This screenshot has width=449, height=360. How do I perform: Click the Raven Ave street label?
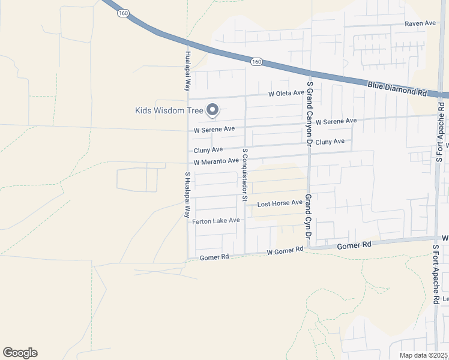pyautogui.click(x=420, y=23)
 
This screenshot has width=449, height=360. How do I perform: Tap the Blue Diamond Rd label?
pyautogui.click(x=397, y=91)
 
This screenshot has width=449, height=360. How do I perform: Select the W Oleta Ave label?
pyautogui.click(x=286, y=94)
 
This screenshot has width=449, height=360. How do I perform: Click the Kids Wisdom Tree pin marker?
pyautogui.click(x=212, y=110)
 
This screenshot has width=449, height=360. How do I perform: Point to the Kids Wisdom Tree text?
pyautogui.click(x=169, y=110)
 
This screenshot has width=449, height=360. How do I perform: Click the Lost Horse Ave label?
pyautogui.click(x=280, y=203)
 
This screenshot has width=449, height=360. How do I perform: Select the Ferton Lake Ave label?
pyautogui.click(x=216, y=221)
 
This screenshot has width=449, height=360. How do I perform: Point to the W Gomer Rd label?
pyautogui.click(x=286, y=251)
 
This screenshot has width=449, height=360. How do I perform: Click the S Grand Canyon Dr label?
pyautogui.click(x=310, y=115)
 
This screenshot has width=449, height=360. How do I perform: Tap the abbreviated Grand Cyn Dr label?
pyautogui.click(x=308, y=220)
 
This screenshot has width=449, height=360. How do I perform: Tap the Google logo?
pyautogui.click(x=20, y=353)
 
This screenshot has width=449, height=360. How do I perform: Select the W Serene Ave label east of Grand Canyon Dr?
pyautogui.click(x=336, y=122)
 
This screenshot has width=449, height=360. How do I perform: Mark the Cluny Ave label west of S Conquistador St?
pyautogui.click(x=208, y=150)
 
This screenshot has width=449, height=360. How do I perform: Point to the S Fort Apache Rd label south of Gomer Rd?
pyautogui.click(x=436, y=276)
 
